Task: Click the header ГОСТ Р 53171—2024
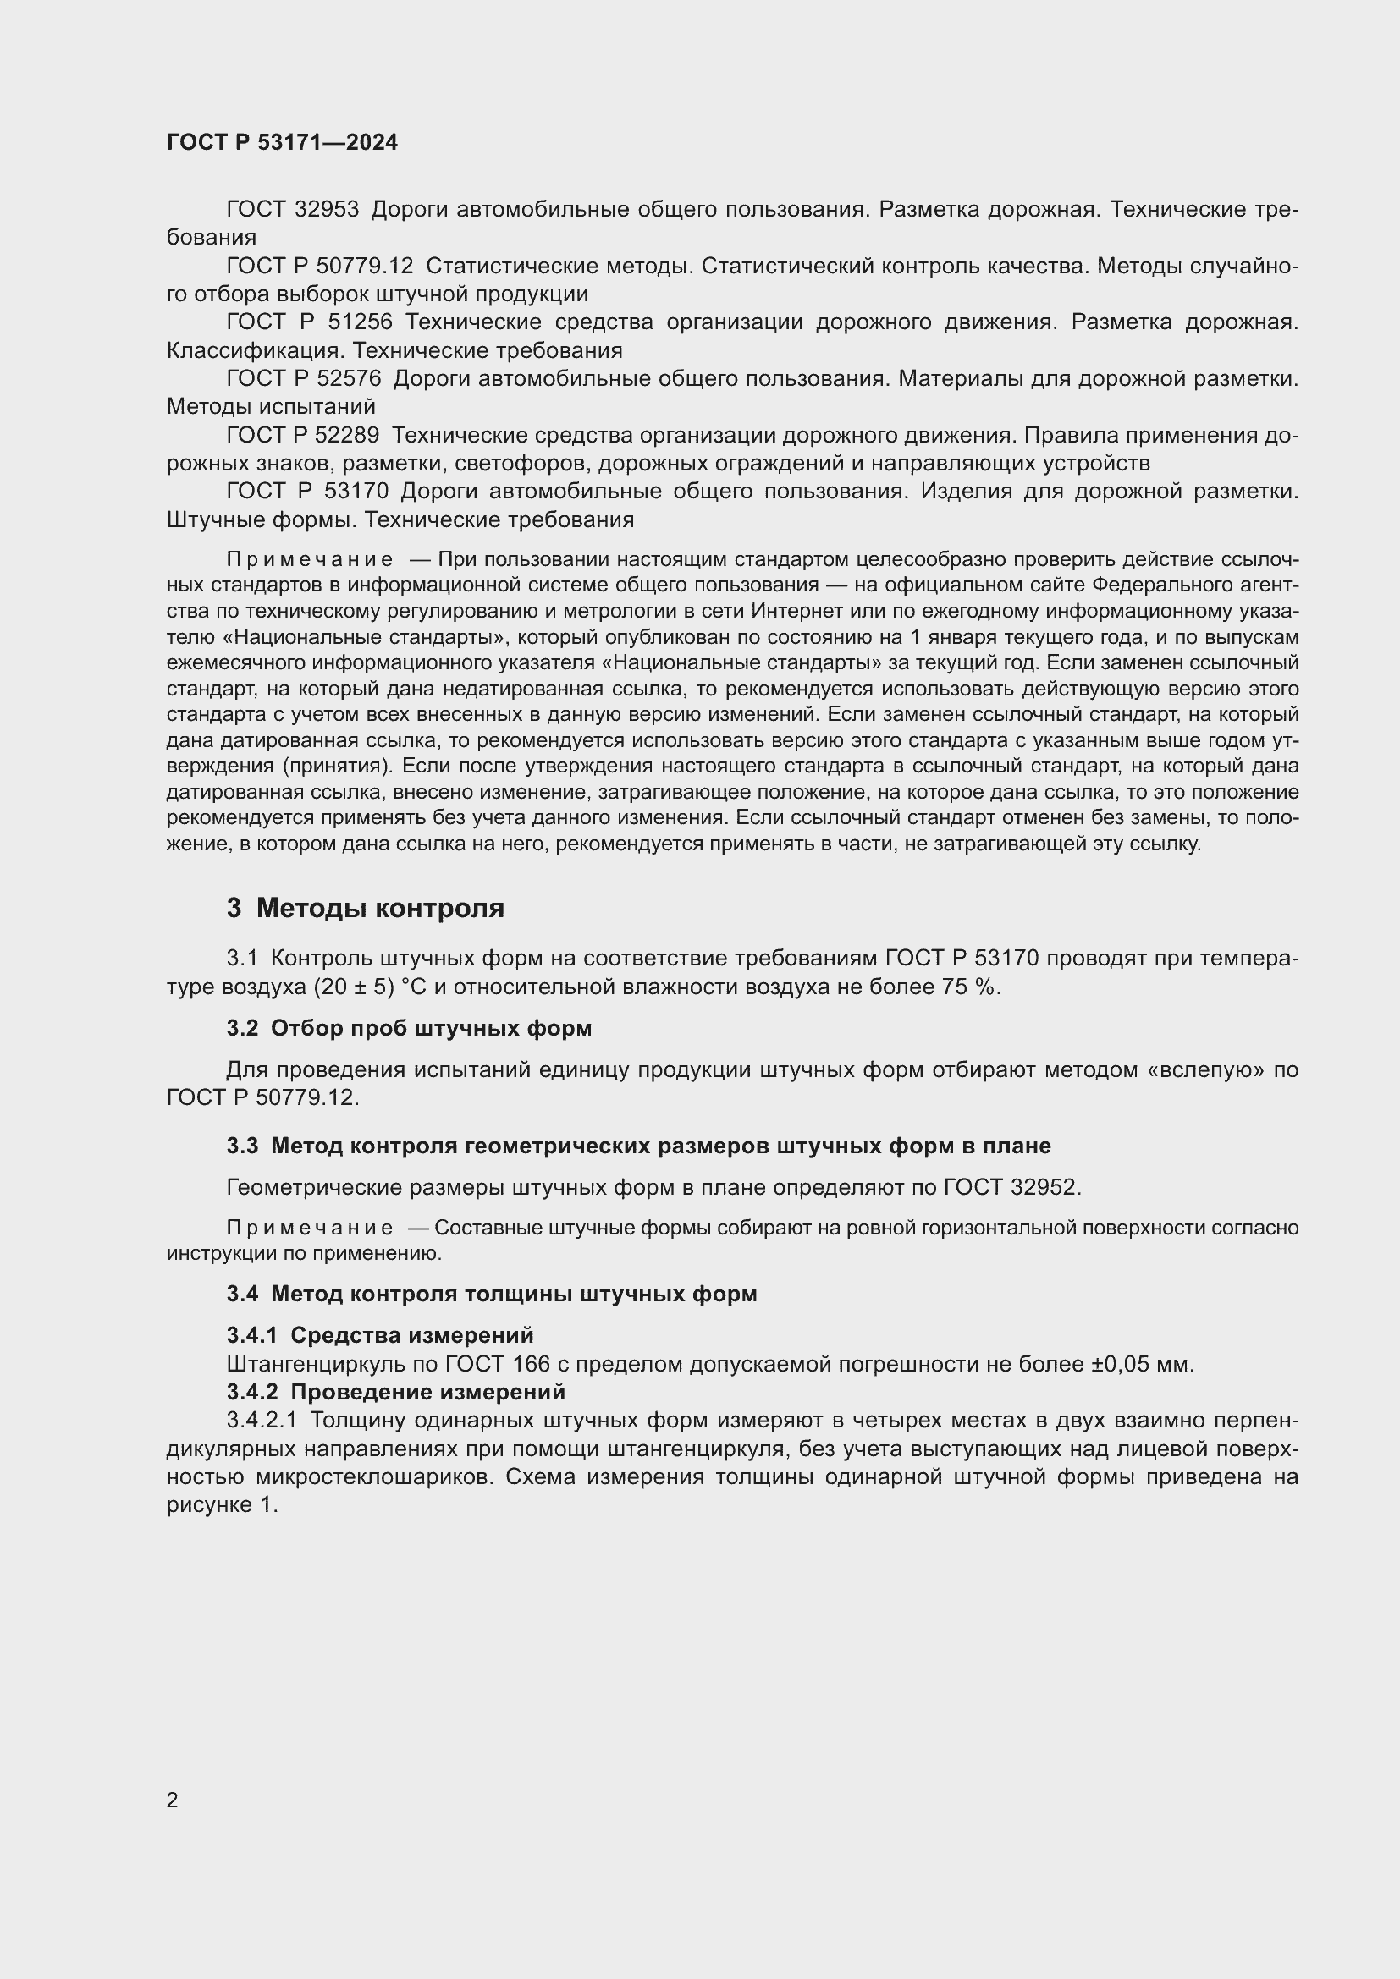click(x=282, y=143)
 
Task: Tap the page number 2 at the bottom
click(x=173, y=1800)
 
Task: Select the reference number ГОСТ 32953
click(x=292, y=210)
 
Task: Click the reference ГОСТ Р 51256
click(x=309, y=322)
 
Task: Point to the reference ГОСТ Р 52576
click(x=304, y=379)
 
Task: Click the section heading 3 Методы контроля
click(x=366, y=909)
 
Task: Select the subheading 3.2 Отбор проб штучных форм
click(x=410, y=1028)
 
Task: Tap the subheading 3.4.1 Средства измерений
click(x=380, y=1335)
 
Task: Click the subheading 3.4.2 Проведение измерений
click(x=395, y=1392)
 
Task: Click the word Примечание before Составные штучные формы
click(x=310, y=1229)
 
